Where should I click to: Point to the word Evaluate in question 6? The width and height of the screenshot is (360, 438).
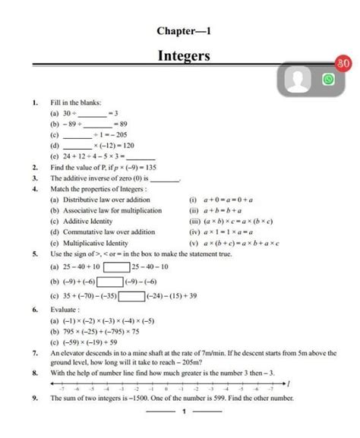(67, 310)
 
